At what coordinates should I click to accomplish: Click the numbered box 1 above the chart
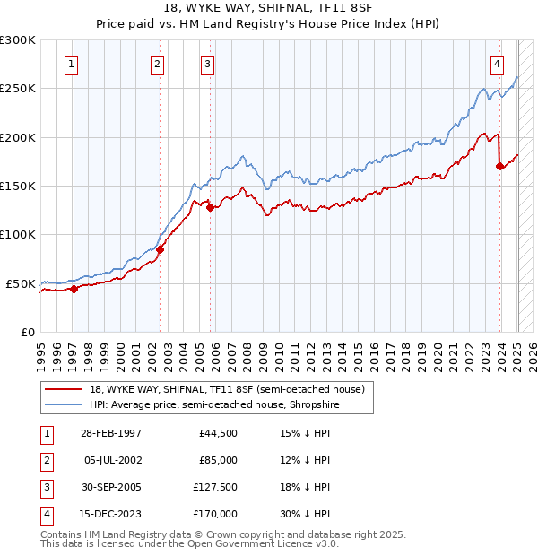(x=71, y=64)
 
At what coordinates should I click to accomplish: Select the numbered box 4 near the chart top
(x=497, y=64)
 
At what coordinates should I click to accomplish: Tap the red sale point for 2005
(x=210, y=208)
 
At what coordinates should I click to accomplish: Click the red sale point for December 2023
(x=499, y=166)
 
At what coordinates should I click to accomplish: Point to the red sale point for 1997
(x=74, y=289)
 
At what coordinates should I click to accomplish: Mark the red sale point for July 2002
(x=160, y=249)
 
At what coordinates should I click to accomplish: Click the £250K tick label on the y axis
(x=18, y=89)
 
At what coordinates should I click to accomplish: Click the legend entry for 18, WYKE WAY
(x=226, y=390)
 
